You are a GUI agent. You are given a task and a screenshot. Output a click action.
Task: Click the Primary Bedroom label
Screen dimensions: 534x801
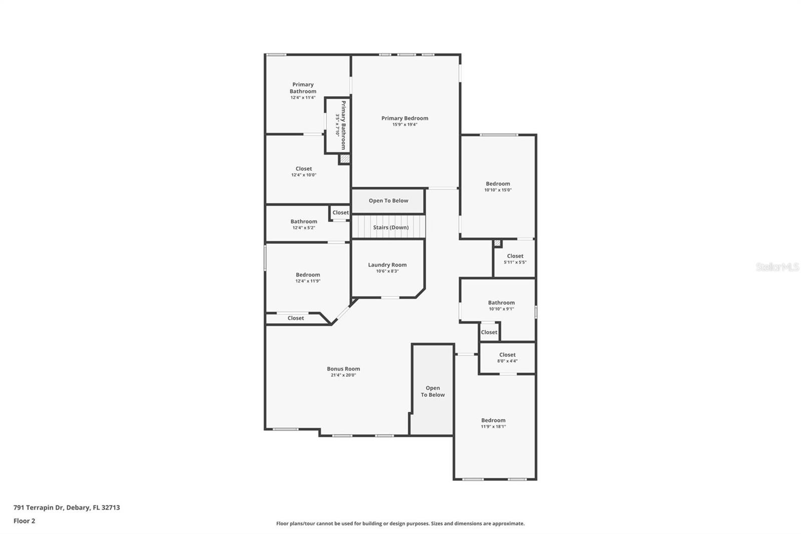405,118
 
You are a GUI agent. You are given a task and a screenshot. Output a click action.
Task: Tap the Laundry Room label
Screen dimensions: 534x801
387,265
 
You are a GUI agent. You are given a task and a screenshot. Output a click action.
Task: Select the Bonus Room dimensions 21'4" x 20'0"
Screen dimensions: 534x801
343,375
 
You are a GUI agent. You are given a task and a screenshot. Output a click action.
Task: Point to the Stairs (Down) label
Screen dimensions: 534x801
390,227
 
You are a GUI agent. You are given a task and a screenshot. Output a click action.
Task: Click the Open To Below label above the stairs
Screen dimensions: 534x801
388,201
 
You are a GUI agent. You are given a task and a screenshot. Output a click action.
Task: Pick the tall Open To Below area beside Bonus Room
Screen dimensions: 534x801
433,391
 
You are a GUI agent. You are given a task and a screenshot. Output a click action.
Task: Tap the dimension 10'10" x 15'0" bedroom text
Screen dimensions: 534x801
498,190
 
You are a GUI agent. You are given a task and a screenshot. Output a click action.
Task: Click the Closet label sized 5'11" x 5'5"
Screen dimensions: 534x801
515,256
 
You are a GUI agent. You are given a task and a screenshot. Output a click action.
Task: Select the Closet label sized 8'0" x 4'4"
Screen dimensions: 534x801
507,355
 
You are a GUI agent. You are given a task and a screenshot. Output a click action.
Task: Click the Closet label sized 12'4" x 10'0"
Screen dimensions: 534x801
303,169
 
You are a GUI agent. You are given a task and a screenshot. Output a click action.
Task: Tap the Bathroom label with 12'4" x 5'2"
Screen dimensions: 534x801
303,221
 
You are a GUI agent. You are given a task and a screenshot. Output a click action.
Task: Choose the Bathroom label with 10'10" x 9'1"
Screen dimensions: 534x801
501,303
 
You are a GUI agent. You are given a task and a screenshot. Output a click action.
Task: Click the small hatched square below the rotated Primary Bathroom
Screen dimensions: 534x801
344,159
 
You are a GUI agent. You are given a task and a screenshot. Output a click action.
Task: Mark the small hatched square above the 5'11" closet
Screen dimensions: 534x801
497,243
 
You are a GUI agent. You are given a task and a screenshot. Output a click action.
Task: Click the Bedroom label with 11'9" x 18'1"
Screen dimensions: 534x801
493,420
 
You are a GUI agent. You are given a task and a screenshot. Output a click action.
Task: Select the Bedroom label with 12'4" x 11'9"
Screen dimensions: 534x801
307,275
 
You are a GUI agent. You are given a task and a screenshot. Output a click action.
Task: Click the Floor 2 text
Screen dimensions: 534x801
24,521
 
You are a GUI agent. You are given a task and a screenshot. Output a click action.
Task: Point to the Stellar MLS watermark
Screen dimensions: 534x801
777,268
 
